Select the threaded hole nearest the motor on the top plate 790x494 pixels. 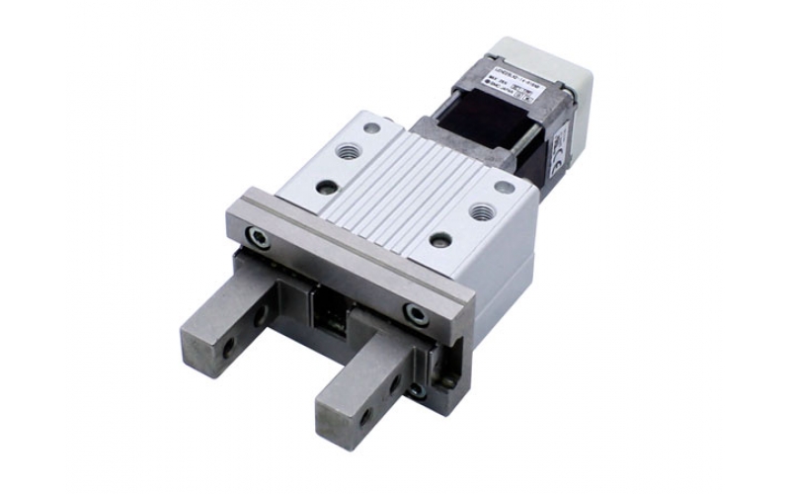[x=349, y=150]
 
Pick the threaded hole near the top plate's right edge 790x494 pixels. [x=483, y=210]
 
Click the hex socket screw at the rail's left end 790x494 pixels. [x=259, y=236]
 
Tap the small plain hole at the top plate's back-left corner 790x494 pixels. [x=371, y=127]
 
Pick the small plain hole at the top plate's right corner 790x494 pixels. [x=505, y=186]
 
